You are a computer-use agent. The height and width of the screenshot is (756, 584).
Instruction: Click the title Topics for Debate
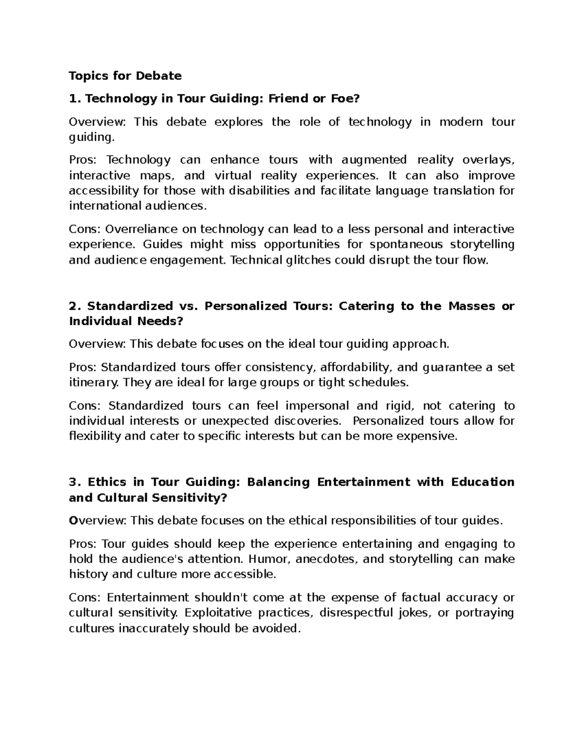125,75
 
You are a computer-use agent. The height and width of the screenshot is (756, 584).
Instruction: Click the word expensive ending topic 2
427,436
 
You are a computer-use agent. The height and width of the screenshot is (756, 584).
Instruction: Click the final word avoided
276,628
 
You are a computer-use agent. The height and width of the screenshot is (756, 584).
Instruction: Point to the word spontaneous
406,244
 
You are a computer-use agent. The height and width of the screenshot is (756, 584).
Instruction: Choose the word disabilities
259,190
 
